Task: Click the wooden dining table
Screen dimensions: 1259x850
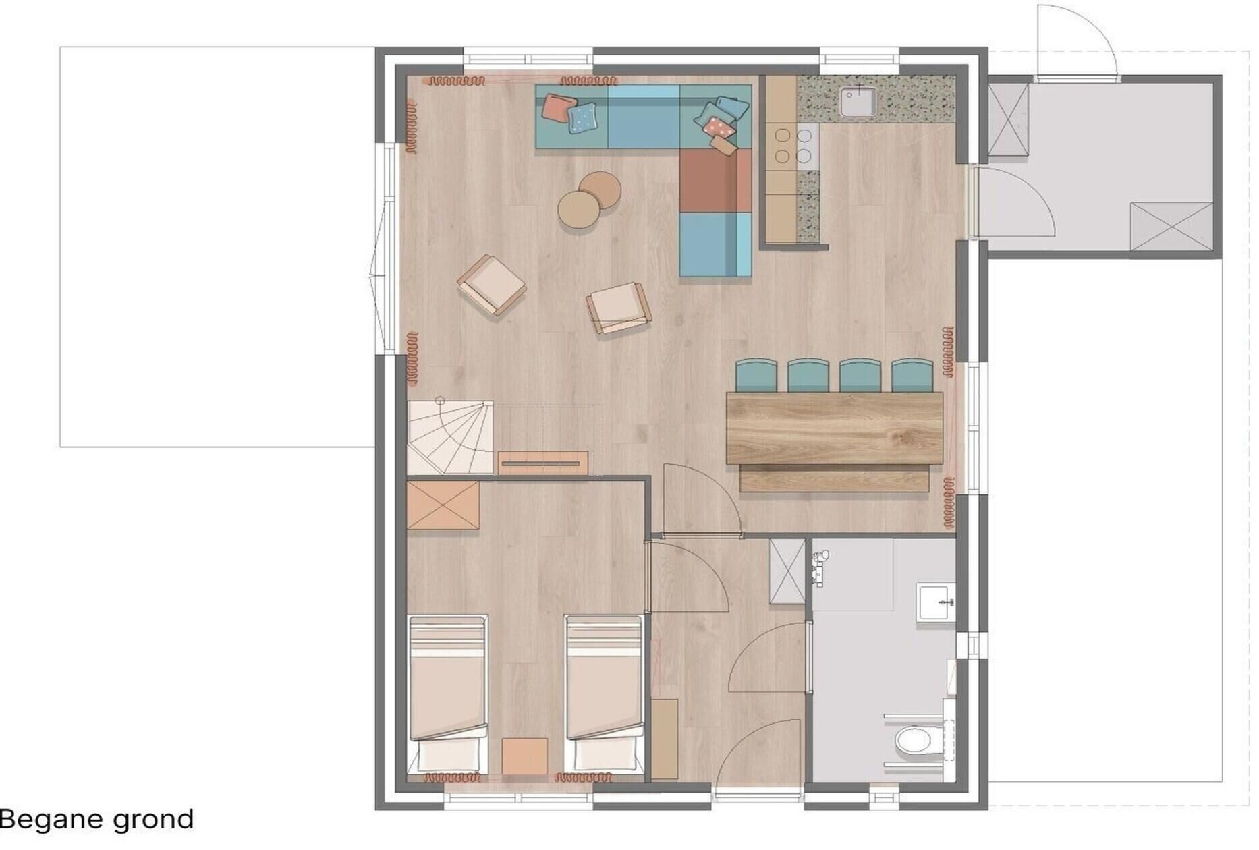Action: [835, 428]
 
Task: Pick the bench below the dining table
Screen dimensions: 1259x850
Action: [834, 478]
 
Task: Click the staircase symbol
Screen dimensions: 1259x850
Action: [450, 436]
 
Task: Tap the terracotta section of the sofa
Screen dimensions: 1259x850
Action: [715, 180]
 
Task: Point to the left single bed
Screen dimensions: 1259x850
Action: [448, 693]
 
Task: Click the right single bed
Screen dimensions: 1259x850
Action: [603, 693]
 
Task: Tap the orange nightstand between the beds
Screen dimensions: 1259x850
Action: [525, 756]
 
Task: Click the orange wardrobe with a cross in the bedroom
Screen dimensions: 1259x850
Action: [443, 505]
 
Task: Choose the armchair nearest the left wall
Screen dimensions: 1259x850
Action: [491, 285]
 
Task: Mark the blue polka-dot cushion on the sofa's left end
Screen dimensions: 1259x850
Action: [582, 118]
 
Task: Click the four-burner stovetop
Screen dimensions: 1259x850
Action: [793, 146]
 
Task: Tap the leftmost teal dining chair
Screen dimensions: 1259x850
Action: [756, 376]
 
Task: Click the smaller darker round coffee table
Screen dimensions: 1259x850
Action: [600, 190]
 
